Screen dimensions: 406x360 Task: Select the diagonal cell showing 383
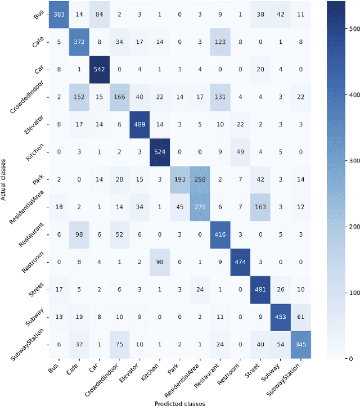click(x=58, y=16)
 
